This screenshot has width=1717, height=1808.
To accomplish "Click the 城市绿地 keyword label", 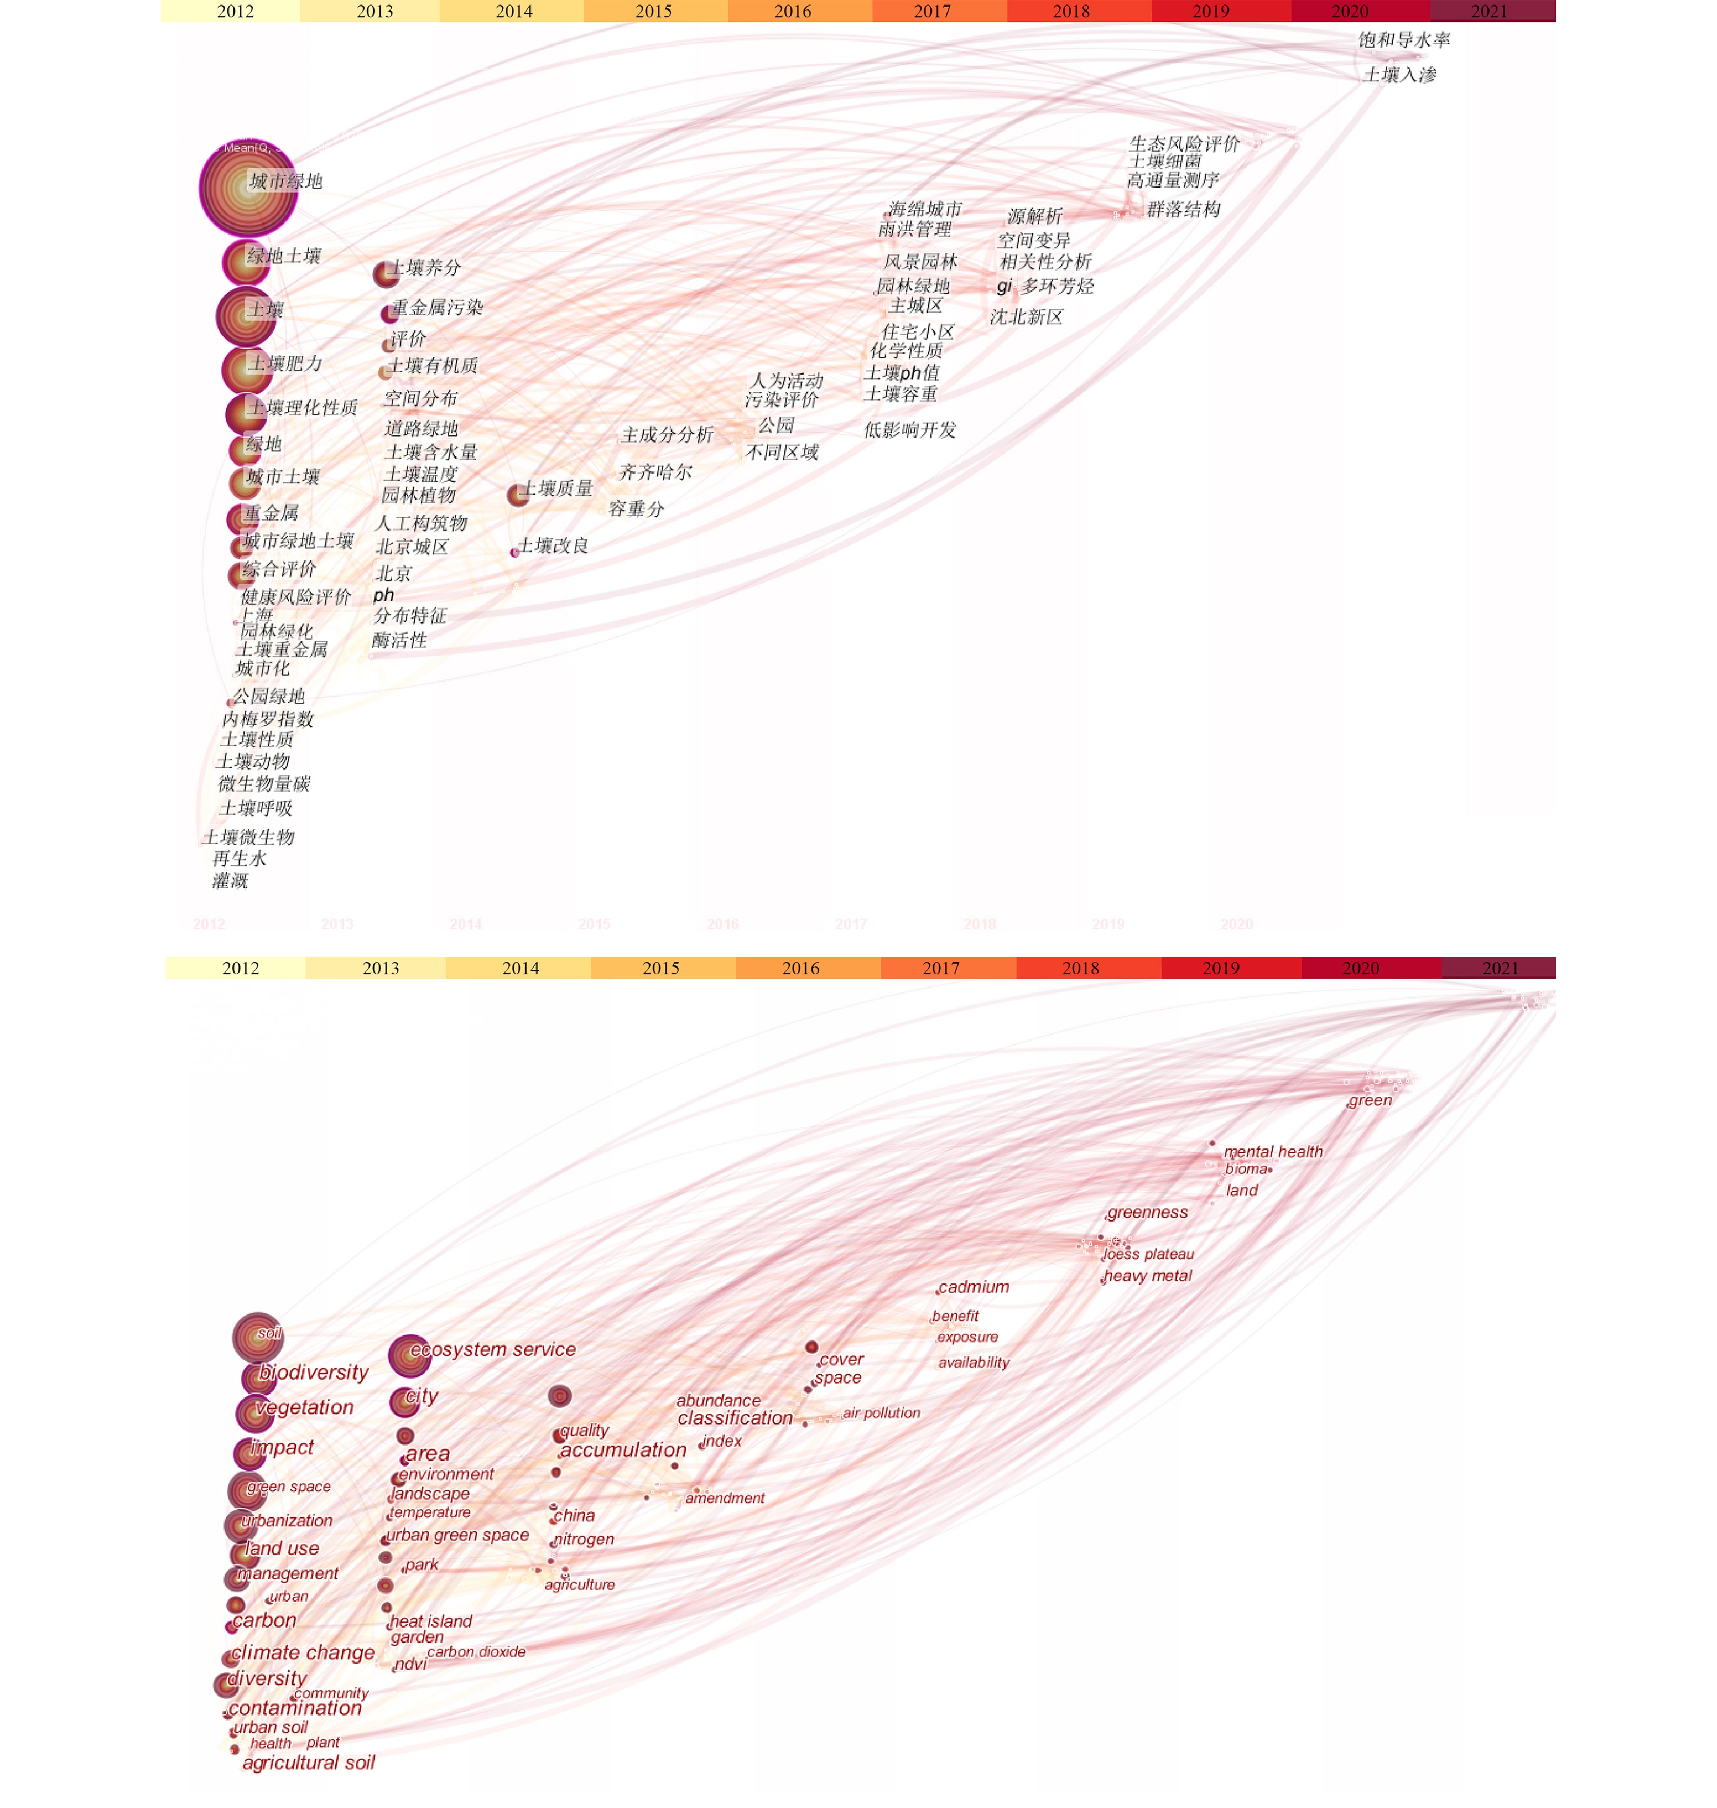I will point(286,181).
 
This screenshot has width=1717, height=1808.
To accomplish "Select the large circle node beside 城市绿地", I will point(247,189).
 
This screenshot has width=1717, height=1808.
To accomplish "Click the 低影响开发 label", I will point(910,430).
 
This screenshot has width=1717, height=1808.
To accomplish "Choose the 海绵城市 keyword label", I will point(924,209).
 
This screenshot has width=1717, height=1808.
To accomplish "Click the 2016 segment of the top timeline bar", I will point(793,11).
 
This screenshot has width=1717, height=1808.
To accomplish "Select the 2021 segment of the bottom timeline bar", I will point(1499,968).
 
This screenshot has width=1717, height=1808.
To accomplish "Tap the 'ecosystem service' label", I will point(492,1350).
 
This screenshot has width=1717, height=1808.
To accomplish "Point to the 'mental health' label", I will point(1273,1151).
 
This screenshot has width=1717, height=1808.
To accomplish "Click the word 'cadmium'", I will point(974,1287).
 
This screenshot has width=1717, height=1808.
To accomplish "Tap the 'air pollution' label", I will point(881,1413).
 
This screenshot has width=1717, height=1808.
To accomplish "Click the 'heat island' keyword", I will point(430,1621).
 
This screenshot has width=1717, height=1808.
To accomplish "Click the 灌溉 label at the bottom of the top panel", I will point(229,880).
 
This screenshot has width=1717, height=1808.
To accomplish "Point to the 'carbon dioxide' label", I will point(476,1652).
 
